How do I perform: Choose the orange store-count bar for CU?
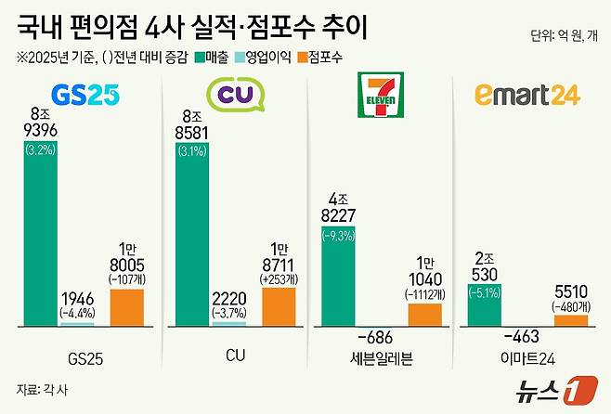(x=278, y=305)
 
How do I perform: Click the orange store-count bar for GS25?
(x=128, y=306)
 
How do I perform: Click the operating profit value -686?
(x=383, y=337)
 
